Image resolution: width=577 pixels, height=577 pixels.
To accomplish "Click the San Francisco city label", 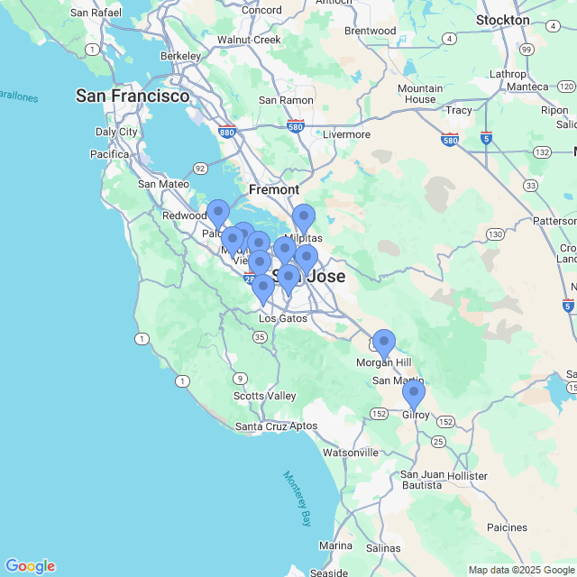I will pos(133,96).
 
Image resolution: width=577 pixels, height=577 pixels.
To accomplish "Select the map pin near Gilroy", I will pos(414,394).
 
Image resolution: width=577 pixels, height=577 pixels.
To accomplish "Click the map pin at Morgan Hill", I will pos(384,343).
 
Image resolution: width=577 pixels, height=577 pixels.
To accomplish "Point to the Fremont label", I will pos(274,190).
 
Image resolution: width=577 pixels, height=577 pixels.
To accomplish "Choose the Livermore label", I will pos(346,134).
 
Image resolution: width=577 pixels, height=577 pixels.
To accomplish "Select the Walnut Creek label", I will pos(249,40).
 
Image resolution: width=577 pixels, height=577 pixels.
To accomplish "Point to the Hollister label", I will pos(467,475).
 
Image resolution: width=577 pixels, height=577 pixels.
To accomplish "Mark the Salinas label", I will pos(383,547).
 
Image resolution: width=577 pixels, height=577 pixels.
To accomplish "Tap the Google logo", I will pos(30,566).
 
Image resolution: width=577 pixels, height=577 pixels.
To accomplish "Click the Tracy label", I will pos(459,110).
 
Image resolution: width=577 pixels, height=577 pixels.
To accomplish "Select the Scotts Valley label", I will pos(264,396).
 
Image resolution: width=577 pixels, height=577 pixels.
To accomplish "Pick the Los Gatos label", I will pos(283,318).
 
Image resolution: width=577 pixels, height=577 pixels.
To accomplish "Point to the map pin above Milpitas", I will pos(304,218).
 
